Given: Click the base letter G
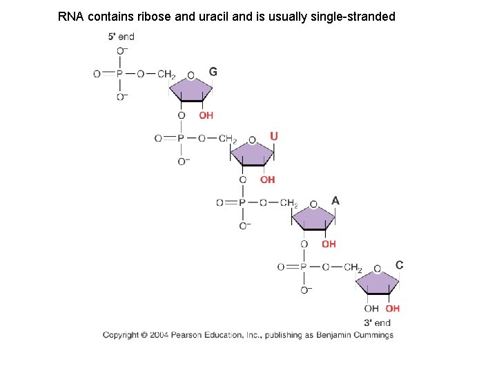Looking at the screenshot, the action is click(213, 71).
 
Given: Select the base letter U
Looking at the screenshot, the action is click(274, 137).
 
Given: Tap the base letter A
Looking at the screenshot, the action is click(335, 200).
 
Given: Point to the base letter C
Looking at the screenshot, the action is click(399, 265).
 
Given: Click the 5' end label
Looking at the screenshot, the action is click(121, 37).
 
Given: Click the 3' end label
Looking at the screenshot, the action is click(377, 322).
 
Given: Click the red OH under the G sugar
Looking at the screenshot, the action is click(206, 115).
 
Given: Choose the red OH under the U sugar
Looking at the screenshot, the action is click(267, 180).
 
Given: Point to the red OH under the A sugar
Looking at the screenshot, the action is click(329, 244).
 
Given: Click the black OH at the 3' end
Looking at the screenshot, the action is click(371, 309).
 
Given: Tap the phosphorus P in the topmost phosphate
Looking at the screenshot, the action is click(119, 74).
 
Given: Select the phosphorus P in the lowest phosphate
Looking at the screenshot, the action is click(303, 267).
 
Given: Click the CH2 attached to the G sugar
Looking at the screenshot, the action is click(166, 74).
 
